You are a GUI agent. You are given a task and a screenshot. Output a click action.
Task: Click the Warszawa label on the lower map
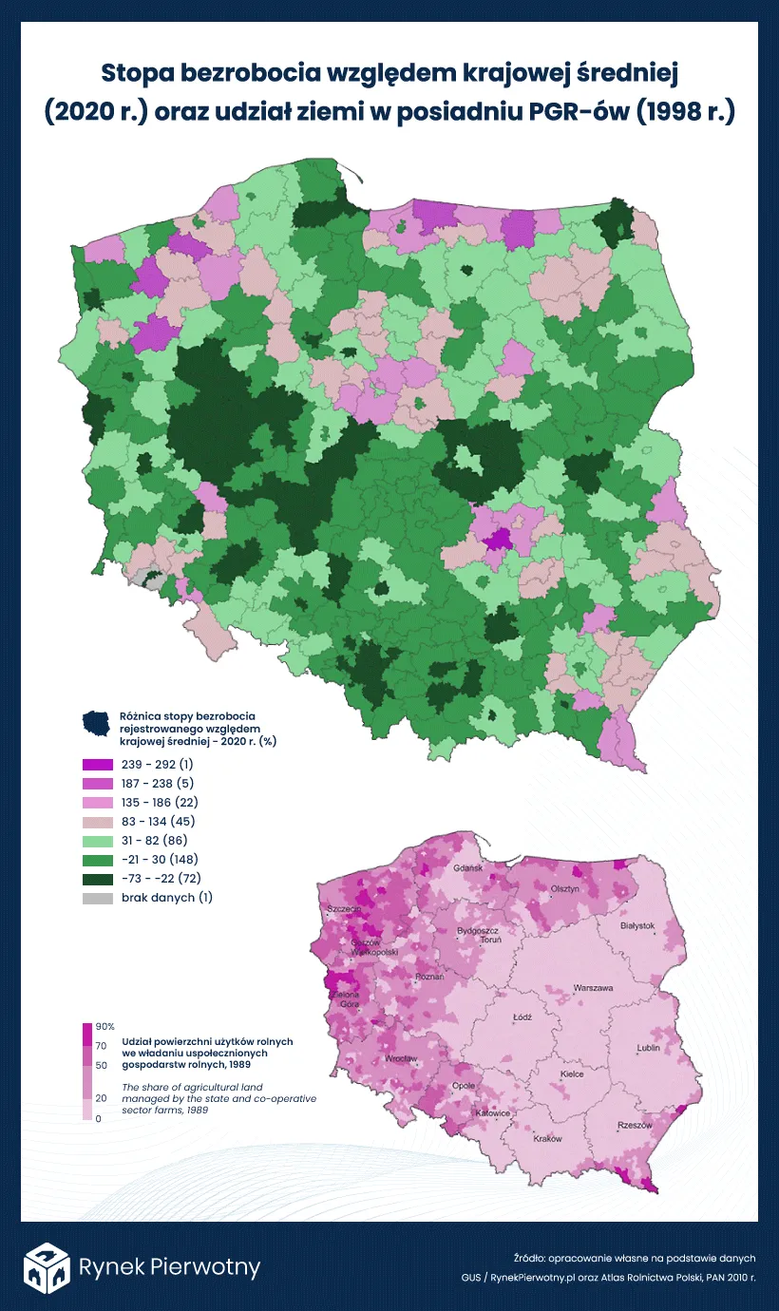[x=593, y=988]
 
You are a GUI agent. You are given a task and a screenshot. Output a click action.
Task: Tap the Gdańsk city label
[x=468, y=868]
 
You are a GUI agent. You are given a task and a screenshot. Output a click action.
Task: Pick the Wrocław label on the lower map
[x=402, y=1058]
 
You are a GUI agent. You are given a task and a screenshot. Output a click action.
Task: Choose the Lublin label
[x=649, y=1049]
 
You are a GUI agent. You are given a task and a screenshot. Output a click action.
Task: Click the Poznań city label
[x=429, y=977]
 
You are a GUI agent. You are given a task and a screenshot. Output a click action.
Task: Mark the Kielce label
[x=572, y=1074]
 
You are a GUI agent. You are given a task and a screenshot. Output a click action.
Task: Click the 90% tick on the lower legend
[x=104, y=1027]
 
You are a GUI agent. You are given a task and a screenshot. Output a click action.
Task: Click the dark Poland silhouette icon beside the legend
[x=99, y=725]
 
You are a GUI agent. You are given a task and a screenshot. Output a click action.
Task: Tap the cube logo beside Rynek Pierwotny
[x=47, y=1266]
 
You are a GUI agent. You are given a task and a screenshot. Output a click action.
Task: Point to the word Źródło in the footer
[x=531, y=1257]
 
